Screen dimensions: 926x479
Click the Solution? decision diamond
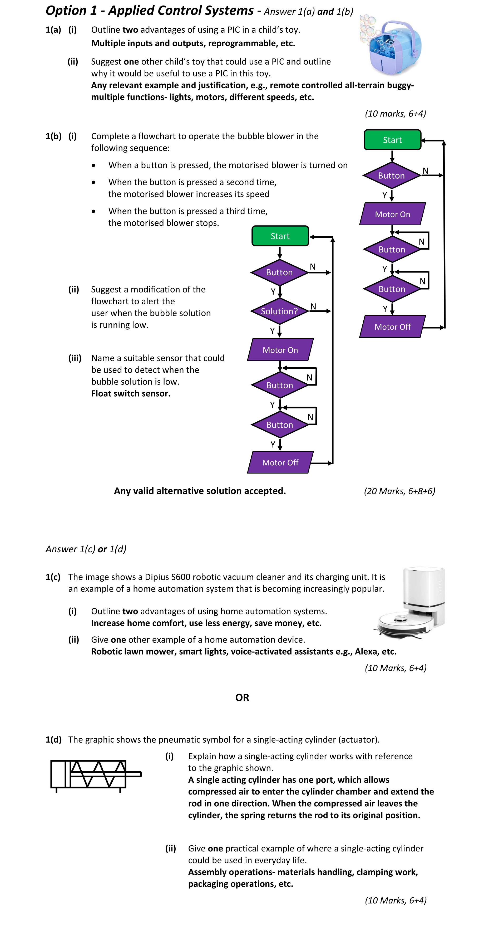point(280,311)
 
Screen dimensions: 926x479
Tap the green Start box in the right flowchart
point(392,140)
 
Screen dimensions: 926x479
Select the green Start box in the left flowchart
point(280,236)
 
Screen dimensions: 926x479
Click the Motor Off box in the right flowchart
point(392,327)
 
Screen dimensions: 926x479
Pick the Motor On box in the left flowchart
point(280,350)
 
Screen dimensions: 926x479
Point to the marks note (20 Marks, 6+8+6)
point(399,491)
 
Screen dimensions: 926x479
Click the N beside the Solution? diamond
point(313,306)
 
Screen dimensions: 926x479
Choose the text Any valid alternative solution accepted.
point(200,491)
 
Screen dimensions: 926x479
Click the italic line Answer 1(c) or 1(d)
point(86,549)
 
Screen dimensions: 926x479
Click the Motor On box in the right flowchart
point(392,214)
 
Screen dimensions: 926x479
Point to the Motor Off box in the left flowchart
point(280,463)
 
